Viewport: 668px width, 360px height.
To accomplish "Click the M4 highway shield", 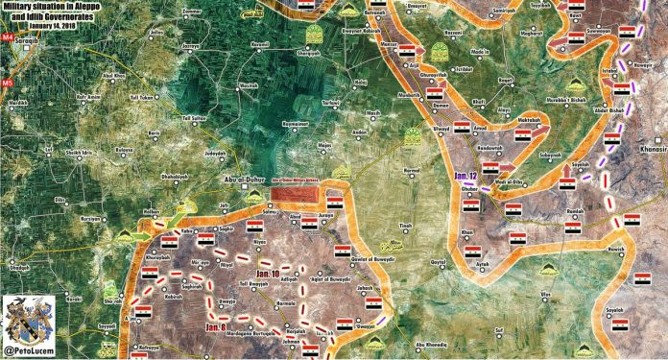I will [x=8, y=39].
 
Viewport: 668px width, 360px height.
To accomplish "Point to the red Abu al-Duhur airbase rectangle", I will [x=296, y=196].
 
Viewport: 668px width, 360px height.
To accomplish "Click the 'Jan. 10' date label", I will [x=260, y=275].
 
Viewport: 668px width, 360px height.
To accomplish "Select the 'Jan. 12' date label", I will [x=465, y=177].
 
